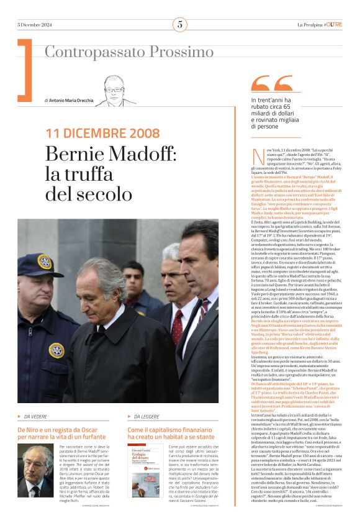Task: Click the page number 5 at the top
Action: tap(179, 25)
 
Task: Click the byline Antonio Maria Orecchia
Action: tap(70, 100)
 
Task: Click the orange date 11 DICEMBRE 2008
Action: tap(102, 133)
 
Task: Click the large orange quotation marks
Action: tap(272, 84)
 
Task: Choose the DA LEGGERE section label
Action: tap(148, 416)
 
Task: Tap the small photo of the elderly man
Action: tap(35, 470)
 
